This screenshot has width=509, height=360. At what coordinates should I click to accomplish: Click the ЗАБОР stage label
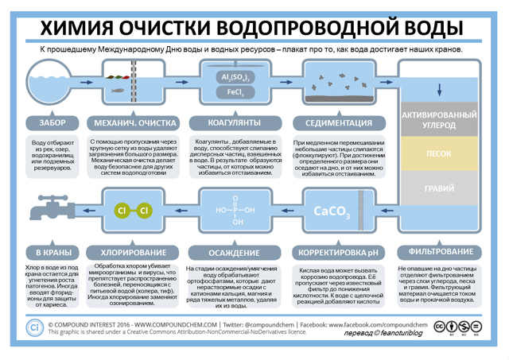[52, 123]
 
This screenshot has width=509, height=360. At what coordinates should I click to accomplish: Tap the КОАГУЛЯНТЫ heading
[235, 123]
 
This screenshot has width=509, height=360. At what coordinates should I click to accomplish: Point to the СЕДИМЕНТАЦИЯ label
[337, 123]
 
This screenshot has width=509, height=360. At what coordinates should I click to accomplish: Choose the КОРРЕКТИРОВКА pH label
[336, 253]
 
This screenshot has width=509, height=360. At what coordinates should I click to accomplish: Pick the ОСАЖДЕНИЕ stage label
[235, 253]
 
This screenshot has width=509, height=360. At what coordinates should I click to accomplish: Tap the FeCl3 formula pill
[235, 93]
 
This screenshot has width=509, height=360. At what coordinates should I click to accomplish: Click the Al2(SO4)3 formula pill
[235, 77]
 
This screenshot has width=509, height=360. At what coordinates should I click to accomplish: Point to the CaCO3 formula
[332, 211]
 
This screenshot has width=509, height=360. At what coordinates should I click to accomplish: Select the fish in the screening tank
[117, 89]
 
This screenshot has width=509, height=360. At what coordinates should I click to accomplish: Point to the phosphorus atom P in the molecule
[235, 211]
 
